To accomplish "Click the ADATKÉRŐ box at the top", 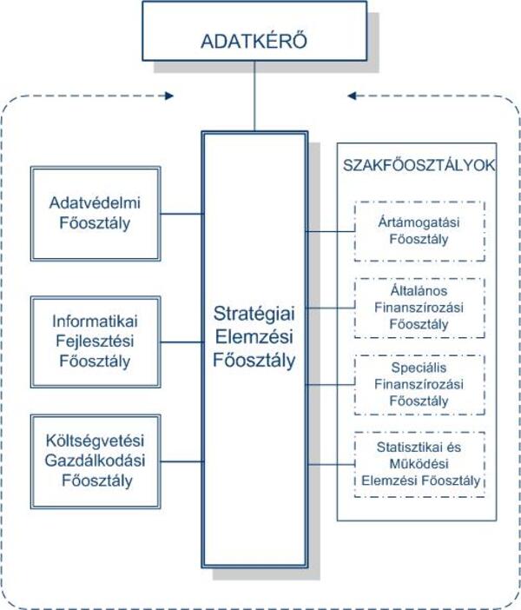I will pyautogui.click(x=254, y=41).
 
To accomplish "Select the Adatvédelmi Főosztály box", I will pyautogui.click(x=94, y=213).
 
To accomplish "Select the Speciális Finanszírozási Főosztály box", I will pyautogui.click(x=419, y=381).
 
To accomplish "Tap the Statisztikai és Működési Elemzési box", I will pyautogui.click(x=419, y=463).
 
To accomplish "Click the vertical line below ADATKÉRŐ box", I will pyautogui.click(x=254, y=100).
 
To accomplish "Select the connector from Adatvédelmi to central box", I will pyautogui.click(x=181, y=213).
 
